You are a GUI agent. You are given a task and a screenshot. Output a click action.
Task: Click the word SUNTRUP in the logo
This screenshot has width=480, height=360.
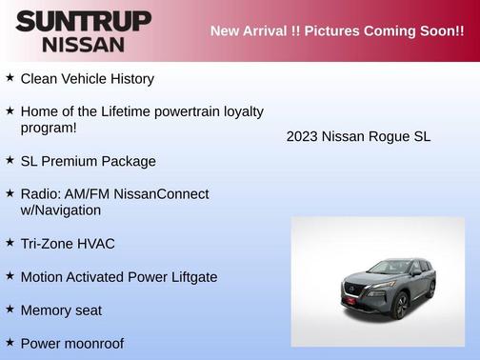point(83,21)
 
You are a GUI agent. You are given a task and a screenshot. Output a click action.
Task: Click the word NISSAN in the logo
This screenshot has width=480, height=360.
point(82,44)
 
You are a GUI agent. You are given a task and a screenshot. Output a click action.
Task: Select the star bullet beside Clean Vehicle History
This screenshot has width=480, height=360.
point(10,77)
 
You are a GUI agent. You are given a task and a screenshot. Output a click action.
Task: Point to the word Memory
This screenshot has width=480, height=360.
point(46,310)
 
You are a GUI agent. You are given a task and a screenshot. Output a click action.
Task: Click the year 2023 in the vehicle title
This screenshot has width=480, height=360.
point(302,137)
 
